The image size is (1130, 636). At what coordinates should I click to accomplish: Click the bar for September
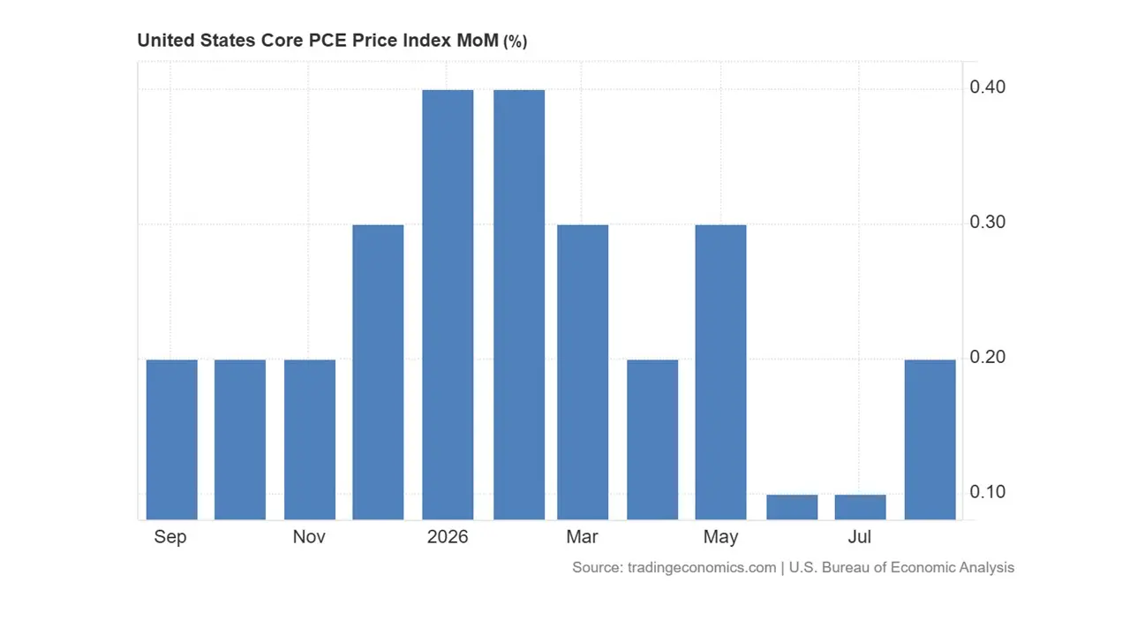coord(171,440)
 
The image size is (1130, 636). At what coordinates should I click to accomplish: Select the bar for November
coord(310,440)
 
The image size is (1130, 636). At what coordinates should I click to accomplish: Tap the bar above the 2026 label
coord(448,305)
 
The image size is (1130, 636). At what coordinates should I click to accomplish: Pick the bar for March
coord(583,372)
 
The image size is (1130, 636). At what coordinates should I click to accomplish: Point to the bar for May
coord(721,372)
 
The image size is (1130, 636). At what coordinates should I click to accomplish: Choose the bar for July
coord(861,507)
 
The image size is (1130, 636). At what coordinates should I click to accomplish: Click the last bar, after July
coord(930,440)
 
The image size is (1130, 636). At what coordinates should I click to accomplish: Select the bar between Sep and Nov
coord(240,440)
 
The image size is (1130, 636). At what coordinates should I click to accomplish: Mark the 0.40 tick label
coord(987,87)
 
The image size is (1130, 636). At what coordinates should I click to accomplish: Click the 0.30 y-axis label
coord(987,222)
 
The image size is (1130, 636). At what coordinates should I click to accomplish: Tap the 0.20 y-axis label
coord(987,358)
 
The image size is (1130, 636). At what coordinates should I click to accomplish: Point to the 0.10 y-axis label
coord(987,492)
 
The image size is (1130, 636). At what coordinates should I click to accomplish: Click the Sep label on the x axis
coord(170,537)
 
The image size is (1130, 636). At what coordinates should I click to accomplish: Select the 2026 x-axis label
coord(448,536)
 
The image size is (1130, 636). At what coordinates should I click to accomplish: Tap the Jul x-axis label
coord(859,536)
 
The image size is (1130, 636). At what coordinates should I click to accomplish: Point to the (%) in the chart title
coord(515,42)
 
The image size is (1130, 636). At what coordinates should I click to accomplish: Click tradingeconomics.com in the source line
coord(702,568)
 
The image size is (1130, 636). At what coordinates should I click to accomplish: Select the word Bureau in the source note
coord(846,567)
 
